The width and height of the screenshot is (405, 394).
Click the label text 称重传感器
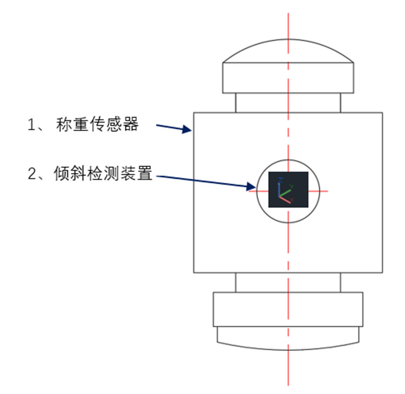click(x=97, y=124)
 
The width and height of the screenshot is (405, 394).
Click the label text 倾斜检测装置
click(x=103, y=173)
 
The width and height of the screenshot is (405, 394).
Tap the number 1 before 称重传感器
click(x=31, y=125)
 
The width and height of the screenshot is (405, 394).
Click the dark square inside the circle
click(x=288, y=189)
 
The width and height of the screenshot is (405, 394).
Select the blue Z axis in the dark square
click(x=279, y=188)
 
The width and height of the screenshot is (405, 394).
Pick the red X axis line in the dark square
click(x=285, y=200)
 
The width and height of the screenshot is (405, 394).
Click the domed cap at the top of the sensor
click(x=288, y=51)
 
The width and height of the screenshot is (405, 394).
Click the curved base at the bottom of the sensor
click(x=288, y=338)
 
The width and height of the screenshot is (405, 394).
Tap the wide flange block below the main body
click(x=288, y=309)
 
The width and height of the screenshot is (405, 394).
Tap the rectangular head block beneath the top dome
click(x=288, y=78)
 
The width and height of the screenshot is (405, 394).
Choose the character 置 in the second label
click(x=144, y=173)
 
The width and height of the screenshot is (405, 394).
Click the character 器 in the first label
click(x=131, y=124)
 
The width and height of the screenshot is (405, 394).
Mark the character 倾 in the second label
click(x=62, y=173)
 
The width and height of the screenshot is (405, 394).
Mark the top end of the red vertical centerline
click(x=288, y=13)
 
